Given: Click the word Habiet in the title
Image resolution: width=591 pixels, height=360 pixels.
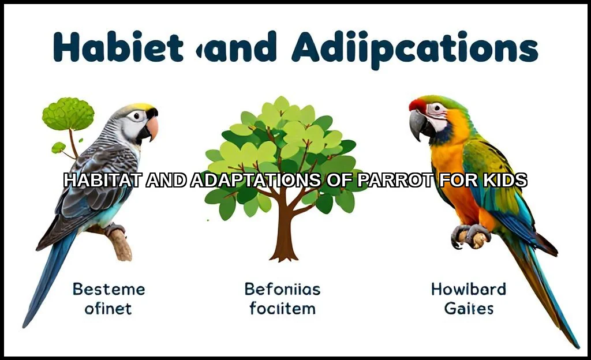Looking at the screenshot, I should click(118, 48).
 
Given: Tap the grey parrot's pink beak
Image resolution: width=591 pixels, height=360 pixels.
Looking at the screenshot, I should click(152, 128).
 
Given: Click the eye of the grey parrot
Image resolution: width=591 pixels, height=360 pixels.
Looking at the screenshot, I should click(136, 116).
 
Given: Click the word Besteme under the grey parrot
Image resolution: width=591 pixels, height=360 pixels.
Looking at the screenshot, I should click(109, 289).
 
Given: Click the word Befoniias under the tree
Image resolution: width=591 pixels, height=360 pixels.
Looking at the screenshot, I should click(282, 289).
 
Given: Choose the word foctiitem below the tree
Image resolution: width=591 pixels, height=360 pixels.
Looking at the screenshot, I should click(282, 309).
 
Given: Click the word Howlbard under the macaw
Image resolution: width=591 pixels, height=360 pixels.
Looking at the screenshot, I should click(468, 289).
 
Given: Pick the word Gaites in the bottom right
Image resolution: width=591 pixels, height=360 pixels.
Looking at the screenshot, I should click(469, 309).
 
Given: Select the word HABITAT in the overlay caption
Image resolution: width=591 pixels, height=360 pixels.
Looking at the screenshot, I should click(103, 181).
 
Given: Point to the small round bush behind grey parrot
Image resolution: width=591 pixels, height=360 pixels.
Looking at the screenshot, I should click(68, 114).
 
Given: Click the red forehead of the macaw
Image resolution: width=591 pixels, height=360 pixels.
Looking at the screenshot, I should click(417, 104).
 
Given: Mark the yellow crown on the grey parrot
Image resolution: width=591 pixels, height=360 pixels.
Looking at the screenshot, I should click(142, 107).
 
